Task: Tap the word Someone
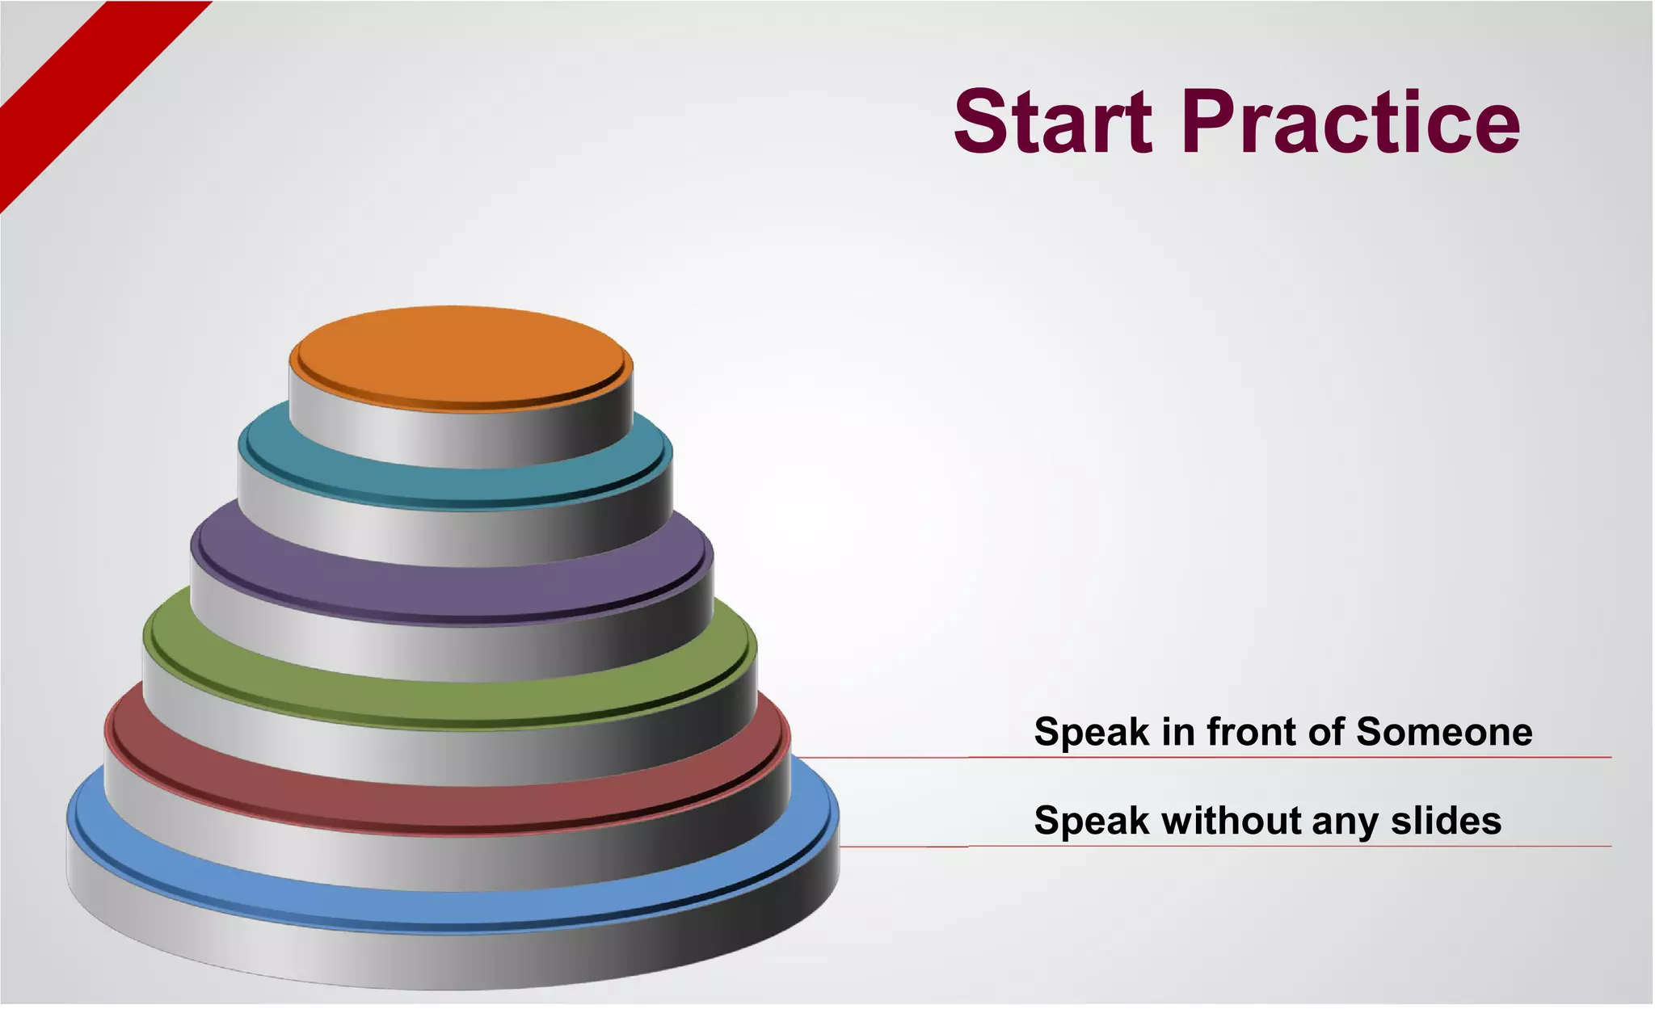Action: (1443, 732)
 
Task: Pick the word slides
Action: (1446, 821)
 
